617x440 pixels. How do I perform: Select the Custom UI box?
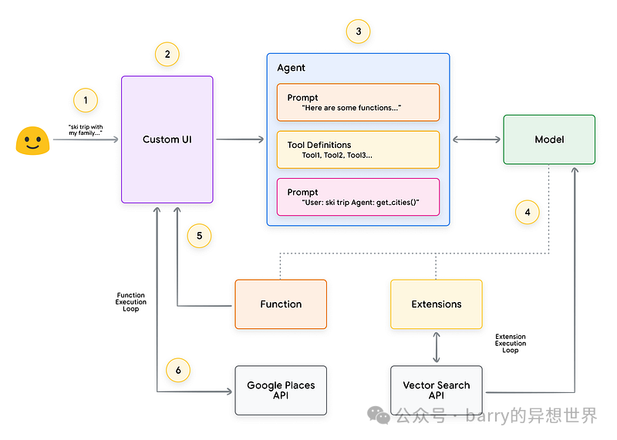point(167,139)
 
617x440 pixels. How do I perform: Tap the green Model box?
point(549,139)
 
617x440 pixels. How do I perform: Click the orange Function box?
point(281,304)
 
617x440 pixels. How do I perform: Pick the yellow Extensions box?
point(437,304)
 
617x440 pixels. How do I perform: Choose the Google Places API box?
point(281,390)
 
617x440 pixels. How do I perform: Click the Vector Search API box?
point(437,390)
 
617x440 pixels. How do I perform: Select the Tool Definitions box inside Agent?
point(358,149)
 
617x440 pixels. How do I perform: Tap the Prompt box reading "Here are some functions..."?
point(358,102)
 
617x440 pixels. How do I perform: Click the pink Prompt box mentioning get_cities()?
point(358,197)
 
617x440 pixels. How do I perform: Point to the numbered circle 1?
point(86,99)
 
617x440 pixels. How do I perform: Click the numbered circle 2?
point(167,54)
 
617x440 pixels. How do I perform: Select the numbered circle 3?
point(358,32)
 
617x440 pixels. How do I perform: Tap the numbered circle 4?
point(528,212)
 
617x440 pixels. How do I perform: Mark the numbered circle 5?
point(199,236)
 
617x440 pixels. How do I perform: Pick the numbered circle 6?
point(178,370)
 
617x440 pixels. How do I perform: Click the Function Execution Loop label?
point(131,302)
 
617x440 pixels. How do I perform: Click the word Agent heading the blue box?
point(292,68)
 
